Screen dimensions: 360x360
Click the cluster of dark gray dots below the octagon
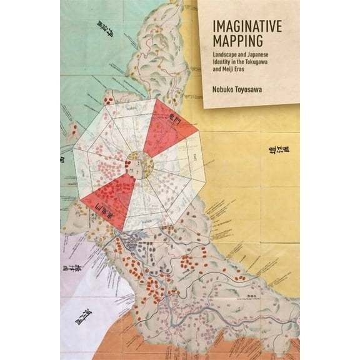pos(135,241)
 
